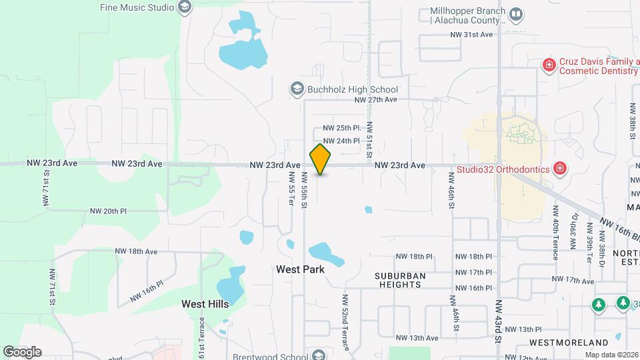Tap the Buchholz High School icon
tap(297, 89)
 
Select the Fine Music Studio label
tap(137, 7)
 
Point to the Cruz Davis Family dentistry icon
tap(549, 65)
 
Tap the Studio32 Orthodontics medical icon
tap(561, 168)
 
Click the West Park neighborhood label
tap(300, 269)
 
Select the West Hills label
tap(205, 303)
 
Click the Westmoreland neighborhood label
tap(567, 342)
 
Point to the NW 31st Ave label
tap(471, 35)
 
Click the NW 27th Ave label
tap(375, 99)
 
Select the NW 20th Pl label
tap(109, 211)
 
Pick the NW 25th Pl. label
tap(341, 127)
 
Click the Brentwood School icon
tap(319, 355)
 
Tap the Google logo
tap(22, 351)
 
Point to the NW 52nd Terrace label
tap(345, 323)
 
